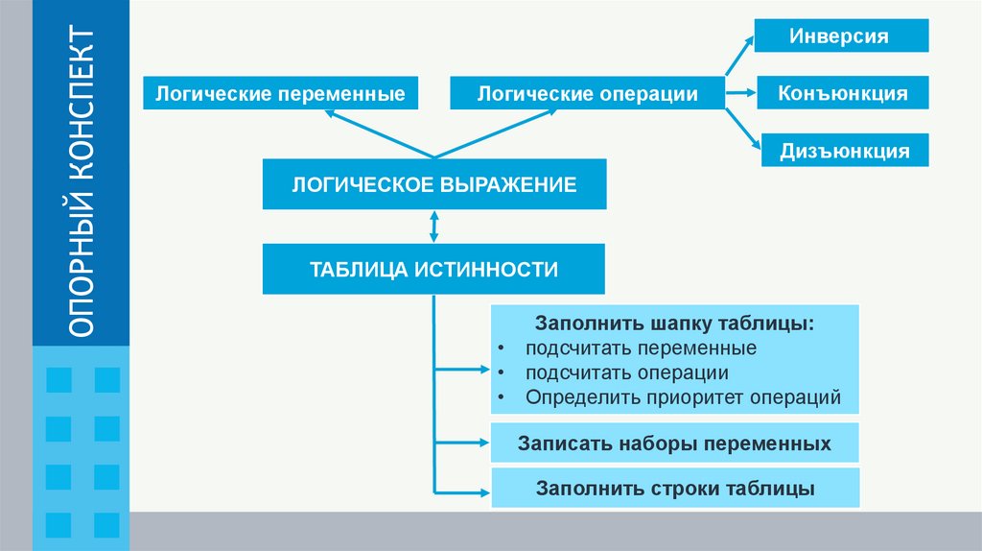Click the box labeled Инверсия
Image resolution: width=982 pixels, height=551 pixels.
tap(841, 36)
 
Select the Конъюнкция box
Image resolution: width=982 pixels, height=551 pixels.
tap(843, 94)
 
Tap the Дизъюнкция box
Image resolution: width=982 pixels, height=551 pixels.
tap(845, 151)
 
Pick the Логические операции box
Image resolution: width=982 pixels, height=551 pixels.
tap(588, 94)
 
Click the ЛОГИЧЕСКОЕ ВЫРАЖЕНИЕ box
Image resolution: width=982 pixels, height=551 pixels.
tap(434, 184)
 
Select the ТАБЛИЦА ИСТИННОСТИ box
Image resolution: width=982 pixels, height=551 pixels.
tap(433, 269)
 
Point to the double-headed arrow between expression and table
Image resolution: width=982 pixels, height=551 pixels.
tap(434, 227)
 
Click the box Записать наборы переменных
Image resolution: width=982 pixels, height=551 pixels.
tap(674, 444)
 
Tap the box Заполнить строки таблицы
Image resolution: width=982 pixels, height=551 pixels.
tap(674, 489)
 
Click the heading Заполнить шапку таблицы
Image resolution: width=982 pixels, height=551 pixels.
tap(675, 323)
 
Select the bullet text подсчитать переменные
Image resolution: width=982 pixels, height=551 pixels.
tap(641, 347)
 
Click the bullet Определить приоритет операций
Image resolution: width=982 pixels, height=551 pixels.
tap(682, 396)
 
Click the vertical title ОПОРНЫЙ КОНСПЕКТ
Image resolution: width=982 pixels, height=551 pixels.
tap(82, 182)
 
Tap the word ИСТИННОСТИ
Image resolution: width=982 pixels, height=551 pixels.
tap(485, 269)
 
